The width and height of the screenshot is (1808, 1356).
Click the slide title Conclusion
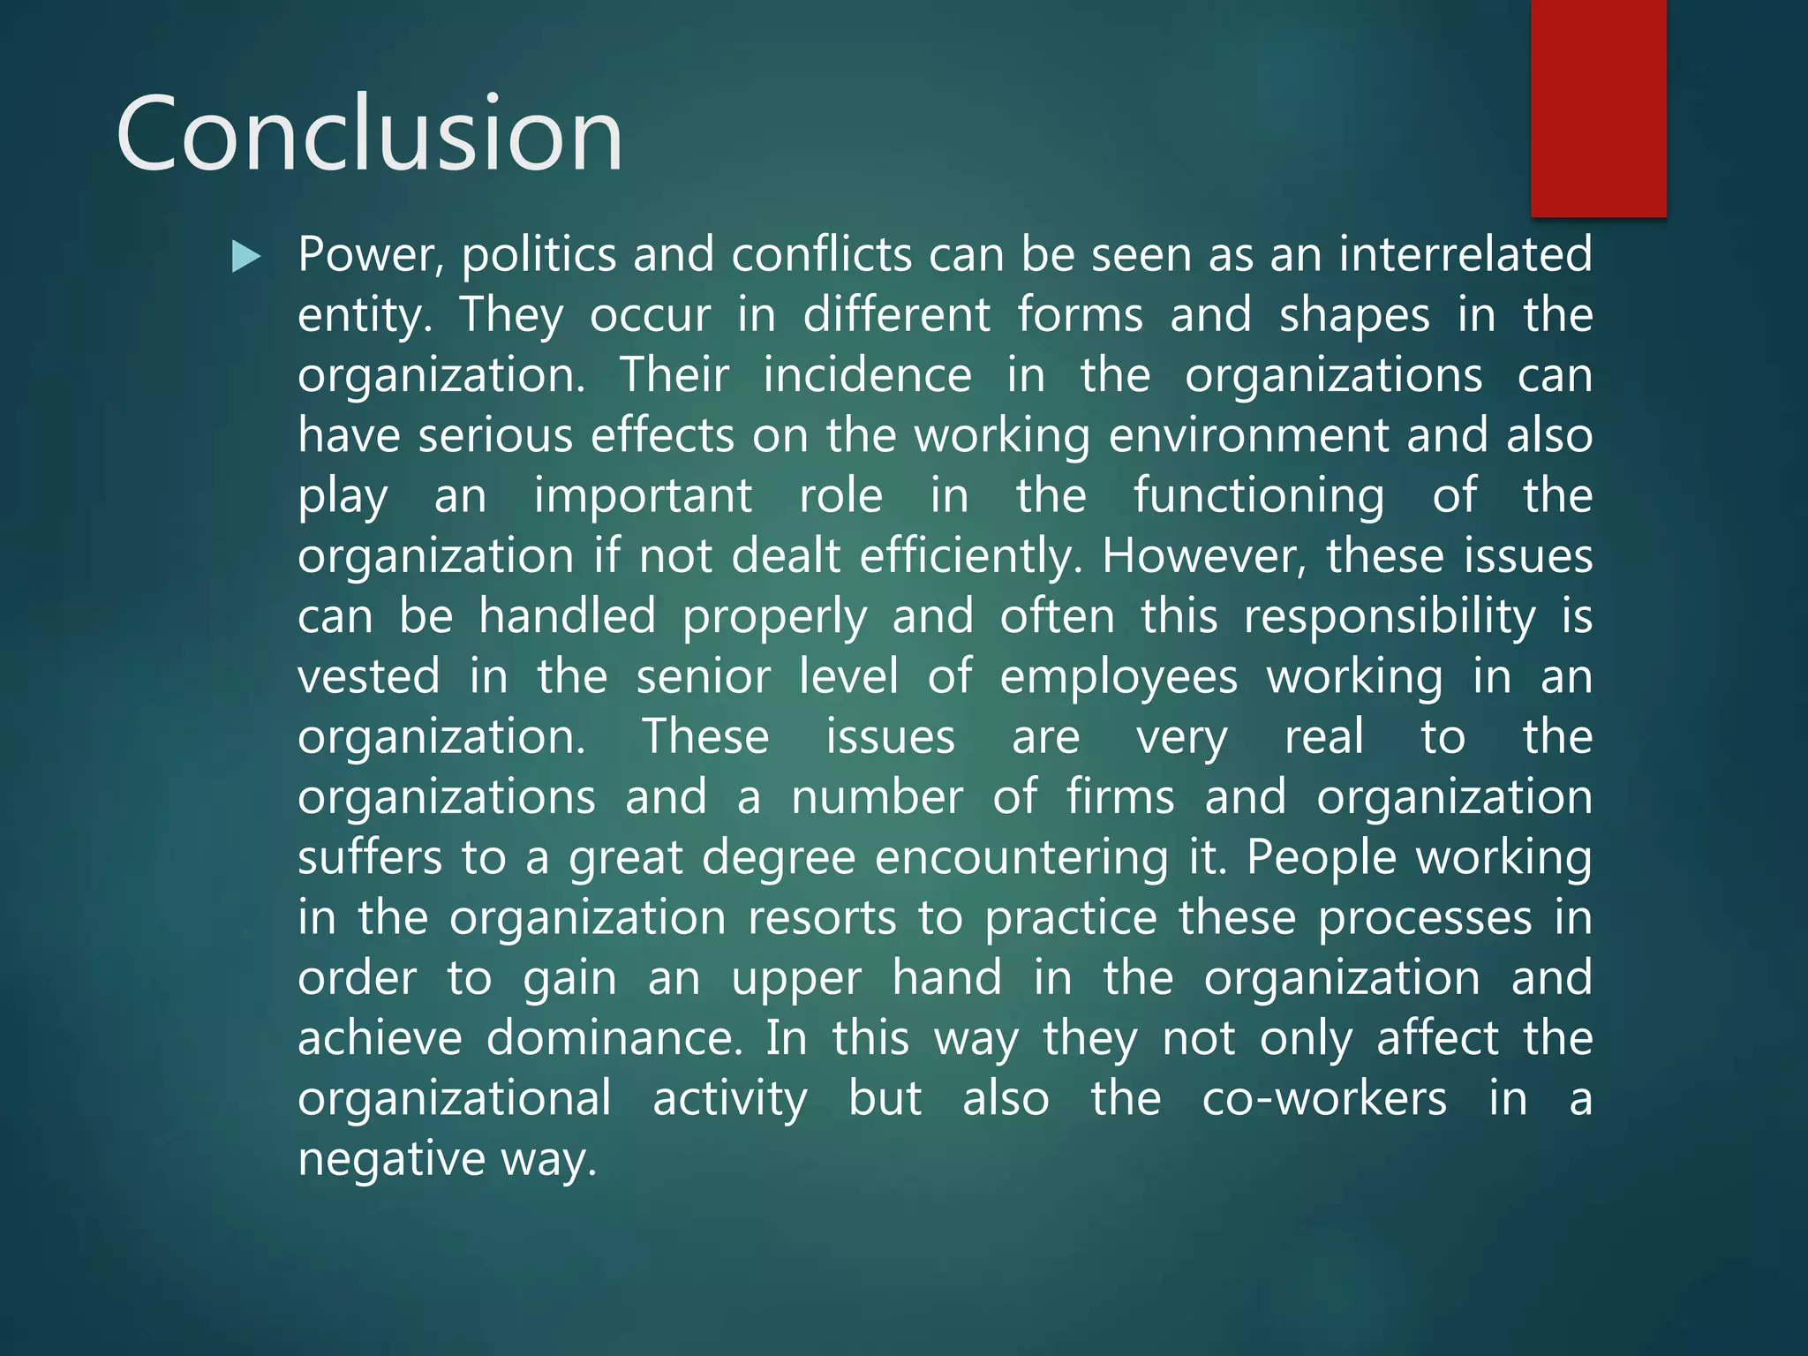click(369, 134)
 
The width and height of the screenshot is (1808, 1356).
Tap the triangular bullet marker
click(246, 257)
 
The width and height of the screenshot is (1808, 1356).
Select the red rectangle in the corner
click(1598, 108)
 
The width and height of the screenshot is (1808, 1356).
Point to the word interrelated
click(1465, 254)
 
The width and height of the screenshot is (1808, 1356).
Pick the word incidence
click(867, 375)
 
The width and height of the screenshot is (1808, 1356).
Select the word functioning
click(1259, 496)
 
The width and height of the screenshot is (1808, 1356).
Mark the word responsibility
click(1390, 617)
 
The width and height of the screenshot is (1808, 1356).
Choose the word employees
click(1119, 677)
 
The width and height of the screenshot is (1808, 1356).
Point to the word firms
click(1120, 797)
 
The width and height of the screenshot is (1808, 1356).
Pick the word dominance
click(614, 1038)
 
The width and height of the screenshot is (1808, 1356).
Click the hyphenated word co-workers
click(1324, 1099)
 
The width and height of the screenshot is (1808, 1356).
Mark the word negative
click(391, 1159)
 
